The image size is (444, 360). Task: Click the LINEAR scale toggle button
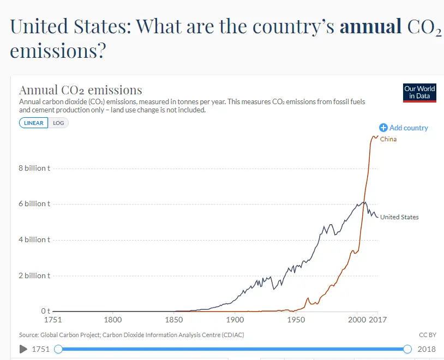click(34, 123)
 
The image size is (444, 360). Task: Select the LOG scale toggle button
click(58, 123)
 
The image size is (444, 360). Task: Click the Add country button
click(404, 128)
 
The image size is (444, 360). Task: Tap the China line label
click(388, 139)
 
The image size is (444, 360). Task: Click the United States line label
click(399, 217)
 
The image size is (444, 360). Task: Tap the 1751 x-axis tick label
click(52, 320)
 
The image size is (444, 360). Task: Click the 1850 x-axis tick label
click(174, 320)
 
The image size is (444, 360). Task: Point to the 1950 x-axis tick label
click(296, 320)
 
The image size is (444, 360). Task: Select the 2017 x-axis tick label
click(377, 320)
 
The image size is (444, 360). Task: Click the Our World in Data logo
click(420, 92)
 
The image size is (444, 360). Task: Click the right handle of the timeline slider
click(407, 349)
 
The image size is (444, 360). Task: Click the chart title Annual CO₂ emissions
click(81, 90)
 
